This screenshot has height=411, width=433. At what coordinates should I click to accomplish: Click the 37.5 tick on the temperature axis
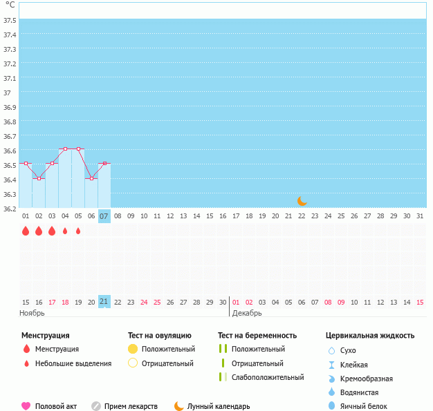10,20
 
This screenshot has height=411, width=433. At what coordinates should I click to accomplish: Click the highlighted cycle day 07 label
104,216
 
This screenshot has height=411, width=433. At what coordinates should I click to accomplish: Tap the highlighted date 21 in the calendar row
104,301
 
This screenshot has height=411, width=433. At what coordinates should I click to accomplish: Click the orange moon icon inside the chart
302,200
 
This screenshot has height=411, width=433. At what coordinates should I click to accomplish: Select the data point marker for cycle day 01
26,163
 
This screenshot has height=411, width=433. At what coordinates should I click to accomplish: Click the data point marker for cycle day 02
39,178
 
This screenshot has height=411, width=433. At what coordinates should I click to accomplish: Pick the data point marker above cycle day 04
65,149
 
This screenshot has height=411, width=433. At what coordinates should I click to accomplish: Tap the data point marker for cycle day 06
91,178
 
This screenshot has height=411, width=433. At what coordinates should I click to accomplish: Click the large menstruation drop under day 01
26,231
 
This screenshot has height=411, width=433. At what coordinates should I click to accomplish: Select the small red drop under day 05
78,231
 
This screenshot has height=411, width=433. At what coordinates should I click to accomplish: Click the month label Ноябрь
33,313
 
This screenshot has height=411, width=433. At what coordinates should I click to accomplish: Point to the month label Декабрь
247,313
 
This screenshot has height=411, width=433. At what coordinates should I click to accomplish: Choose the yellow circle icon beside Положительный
133,349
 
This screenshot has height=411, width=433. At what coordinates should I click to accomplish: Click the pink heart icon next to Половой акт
26,406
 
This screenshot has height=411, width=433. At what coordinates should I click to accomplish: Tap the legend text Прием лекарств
131,406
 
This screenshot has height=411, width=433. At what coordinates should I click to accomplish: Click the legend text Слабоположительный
268,377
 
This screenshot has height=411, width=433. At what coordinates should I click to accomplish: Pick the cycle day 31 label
420,216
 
